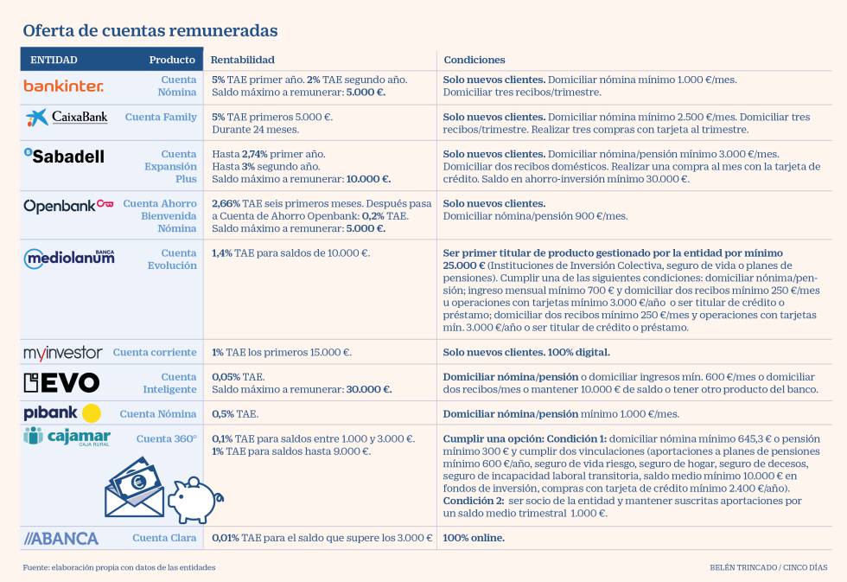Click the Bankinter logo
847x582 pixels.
tap(63, 86)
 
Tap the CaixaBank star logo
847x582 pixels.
tap(37, 118)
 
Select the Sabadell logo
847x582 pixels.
tap(64, 156)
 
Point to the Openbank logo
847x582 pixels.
tap(68, 206)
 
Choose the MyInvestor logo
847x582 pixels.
tap(63, 353)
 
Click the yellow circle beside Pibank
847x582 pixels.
tap(92, 413)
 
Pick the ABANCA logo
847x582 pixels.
tap(61, 538)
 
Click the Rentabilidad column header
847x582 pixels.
tap(243, 60)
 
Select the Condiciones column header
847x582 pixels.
tap(474, 60)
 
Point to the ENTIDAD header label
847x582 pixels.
tap(54, 60)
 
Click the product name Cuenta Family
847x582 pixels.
tap(161, 117)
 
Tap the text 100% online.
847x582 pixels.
tap(474, 538)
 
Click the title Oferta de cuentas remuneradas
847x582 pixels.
tap(150, 30)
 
